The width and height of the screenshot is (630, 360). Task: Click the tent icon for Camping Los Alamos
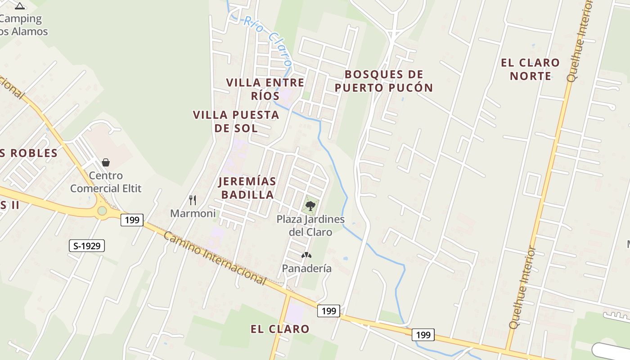[x=19, y=6]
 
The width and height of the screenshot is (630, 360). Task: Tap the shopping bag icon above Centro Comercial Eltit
[x=106, y=162]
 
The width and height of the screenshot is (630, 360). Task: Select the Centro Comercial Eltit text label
[x=106, y=182]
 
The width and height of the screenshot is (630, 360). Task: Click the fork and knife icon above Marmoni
[x=193, y=200]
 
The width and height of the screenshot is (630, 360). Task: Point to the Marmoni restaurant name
[x=193, y=213]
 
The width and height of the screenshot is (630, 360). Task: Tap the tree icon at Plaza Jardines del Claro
[x=310, y=206]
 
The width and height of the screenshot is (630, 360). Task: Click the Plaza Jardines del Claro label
[x=310, y=226]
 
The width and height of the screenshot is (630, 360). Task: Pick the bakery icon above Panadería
[x=306, y=255]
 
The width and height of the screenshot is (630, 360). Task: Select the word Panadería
[x=306, y=269]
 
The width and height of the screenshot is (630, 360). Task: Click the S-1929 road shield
[x=87, y=246]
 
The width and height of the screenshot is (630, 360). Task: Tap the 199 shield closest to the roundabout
[x=132, y=220]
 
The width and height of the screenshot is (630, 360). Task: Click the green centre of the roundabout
[x=102, y=211]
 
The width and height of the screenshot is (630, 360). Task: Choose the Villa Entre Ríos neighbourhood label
[x=265, y=89]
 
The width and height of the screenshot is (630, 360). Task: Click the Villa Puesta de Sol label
[x=236, y=121]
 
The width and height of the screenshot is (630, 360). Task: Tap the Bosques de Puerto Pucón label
[x=384, y=81]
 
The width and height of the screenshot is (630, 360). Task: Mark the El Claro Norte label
[x=530, y=69]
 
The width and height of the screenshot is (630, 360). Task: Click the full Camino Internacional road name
[x=215, y=258]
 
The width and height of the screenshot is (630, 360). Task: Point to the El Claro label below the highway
[x=280, y=329]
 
